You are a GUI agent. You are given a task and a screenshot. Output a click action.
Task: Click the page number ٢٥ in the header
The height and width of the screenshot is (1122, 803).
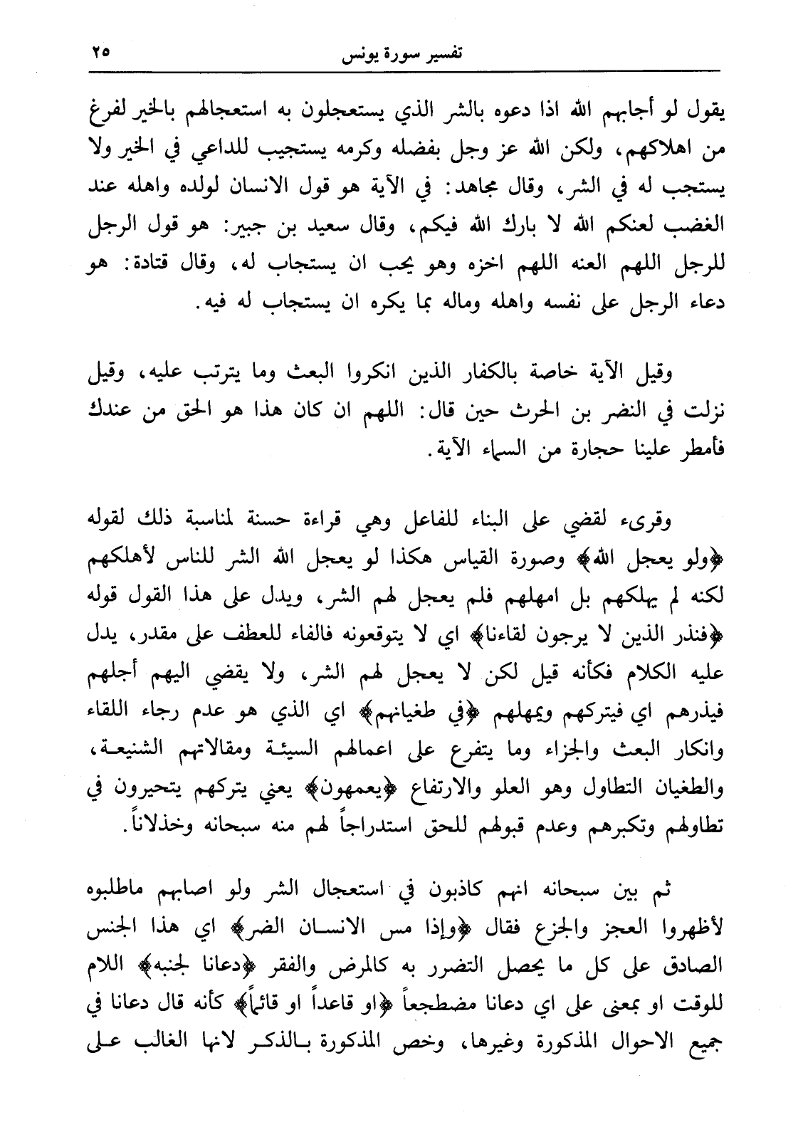[101, 52]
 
